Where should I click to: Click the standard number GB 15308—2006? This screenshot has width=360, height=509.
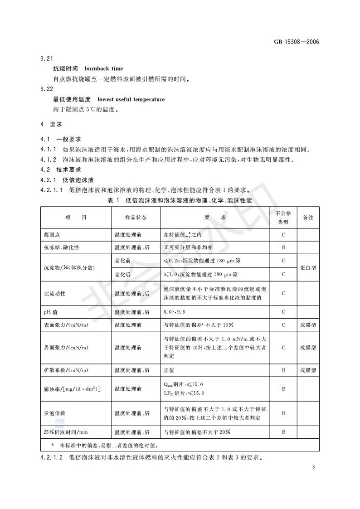point(297,42)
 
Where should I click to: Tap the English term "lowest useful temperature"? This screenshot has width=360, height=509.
point(131,99)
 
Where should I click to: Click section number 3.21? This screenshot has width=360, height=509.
point(47,59)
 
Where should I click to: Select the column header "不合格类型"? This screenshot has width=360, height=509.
point(283,218)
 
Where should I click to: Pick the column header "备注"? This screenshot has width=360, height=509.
point(308,218)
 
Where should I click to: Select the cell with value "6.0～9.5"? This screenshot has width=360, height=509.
point(175,312)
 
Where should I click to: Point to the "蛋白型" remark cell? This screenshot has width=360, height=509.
point(308,267)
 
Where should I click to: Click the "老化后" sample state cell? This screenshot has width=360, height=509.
point(122,274)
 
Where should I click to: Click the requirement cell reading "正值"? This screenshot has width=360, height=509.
point(169,370)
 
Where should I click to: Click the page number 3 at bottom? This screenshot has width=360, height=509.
point(313,467)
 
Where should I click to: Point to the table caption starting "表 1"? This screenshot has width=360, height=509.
point(180,199)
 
